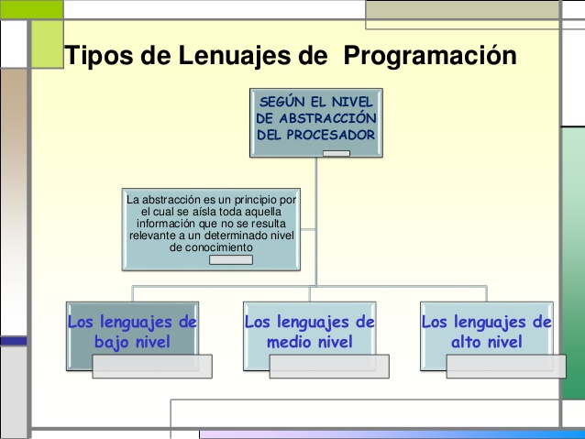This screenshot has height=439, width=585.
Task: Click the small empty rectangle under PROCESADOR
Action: [x=336, y=152]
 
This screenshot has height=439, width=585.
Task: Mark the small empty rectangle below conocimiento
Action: [x=230, y=259]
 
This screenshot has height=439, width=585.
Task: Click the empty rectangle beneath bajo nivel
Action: [x=152, y=366]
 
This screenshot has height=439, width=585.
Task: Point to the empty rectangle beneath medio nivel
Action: [x=329, y=366]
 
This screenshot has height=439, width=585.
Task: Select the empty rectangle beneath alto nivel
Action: [x=505, y=366]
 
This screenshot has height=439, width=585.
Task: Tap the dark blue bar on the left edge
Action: [x=13, y=340]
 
